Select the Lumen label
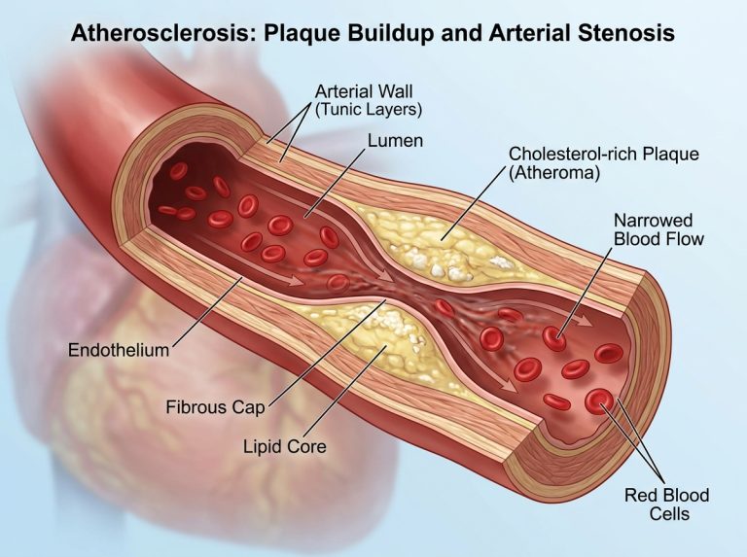click(x=395, y=141)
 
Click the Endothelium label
click(x=119, y=350)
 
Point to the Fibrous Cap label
click(x=215, y=407)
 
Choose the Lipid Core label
click(x=285, y=446)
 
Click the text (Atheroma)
click(x=554, y=172)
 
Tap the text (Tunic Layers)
click(x=369, y=110)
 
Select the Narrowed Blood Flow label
click(x=658, y=229)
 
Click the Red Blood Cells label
click(x=666, y=505)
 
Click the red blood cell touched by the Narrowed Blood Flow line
click(x=554, y=338)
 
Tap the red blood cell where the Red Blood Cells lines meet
click(x=599, y=401)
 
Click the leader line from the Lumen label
click(x=335, y=182)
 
